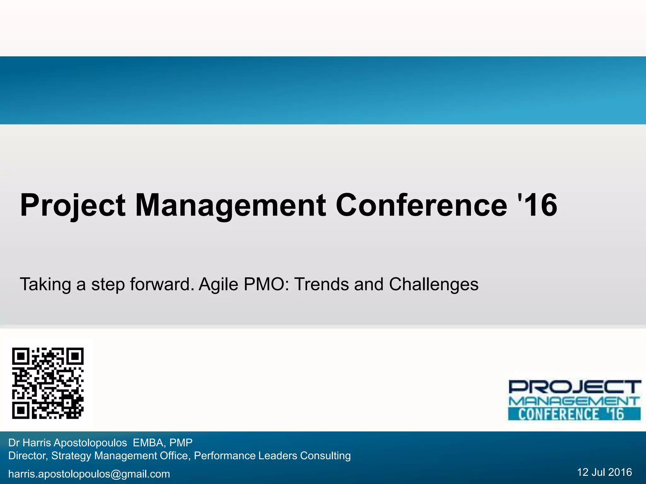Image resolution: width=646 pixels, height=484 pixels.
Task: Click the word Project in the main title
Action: point(73,205)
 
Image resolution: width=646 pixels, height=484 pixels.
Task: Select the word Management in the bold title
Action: point(231,205)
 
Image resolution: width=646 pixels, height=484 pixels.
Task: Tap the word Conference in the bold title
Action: point(421,205)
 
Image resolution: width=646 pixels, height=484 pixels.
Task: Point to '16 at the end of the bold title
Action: point(538,205)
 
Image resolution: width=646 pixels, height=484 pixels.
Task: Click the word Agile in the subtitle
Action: point(218,285)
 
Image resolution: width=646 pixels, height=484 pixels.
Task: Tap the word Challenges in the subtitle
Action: point(433,285)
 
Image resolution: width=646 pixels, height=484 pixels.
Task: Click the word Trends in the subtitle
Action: point(321,285)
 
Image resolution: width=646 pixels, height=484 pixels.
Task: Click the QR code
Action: point(48,383)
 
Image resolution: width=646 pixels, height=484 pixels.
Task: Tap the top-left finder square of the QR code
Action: point(21,356)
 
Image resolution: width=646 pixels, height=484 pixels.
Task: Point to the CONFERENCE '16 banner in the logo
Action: point(574,414)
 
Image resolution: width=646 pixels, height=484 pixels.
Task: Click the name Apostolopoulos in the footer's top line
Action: point(90,443)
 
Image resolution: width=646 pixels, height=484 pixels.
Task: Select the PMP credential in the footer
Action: point(181,443)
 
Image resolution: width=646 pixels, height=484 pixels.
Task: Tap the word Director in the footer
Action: point(28,456)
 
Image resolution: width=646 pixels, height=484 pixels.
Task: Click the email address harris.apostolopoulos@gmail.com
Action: point(89,474)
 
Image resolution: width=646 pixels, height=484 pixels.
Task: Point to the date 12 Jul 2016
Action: point(604,472)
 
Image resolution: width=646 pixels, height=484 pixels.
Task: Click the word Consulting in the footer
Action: point(325,456)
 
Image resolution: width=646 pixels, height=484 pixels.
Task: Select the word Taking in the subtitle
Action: point(45,285)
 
